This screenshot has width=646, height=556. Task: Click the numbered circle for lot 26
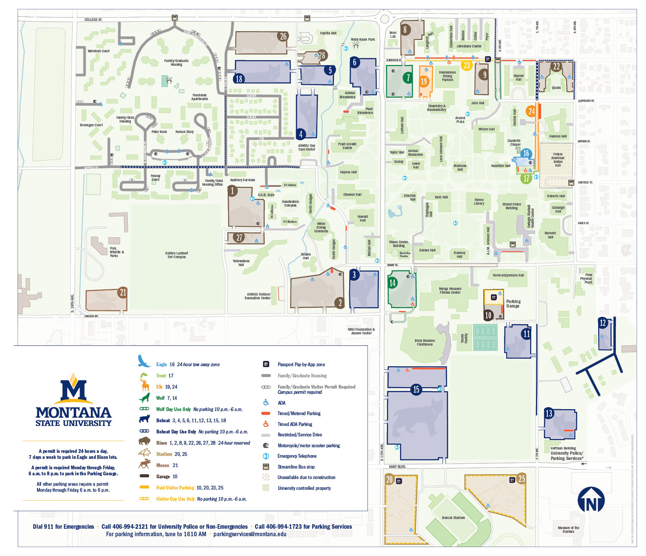point(283,36)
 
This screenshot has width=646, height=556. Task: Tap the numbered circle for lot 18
point(239,78)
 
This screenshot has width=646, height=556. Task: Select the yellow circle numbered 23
point(467,65)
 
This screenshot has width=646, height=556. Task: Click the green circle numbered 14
point(393,282)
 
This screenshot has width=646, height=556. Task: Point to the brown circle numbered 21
point(123,292)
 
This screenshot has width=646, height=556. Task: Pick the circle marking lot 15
point(416,389)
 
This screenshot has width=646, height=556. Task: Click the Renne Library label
point(479,202)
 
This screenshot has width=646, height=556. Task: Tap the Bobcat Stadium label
point(453,518)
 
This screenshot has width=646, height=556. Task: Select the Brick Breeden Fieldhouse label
point(425,342)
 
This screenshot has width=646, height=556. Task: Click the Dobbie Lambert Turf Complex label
point(176,255)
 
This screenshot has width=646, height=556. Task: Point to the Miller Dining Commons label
point(321,227)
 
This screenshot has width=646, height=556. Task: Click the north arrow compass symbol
point(591,499)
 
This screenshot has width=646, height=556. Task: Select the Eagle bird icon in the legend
point(144,361)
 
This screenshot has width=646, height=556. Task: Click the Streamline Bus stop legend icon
point(266,467)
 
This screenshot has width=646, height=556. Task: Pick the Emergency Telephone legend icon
point(266,456)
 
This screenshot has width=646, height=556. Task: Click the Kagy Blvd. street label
point(397,467)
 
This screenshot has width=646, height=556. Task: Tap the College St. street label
point(93,20)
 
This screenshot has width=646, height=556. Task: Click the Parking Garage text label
point(513,303)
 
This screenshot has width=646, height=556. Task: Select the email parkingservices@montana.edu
point(250,534)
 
